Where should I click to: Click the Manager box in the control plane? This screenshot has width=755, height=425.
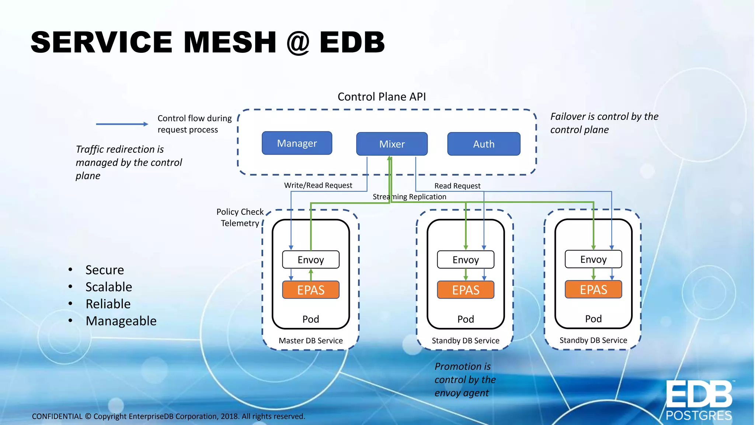(x=297, y=143)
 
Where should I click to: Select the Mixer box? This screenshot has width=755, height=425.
(x=392, y=144)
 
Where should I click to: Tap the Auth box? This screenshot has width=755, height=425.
(x=484, y=144)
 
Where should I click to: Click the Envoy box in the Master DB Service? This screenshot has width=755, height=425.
(x=311, y=260)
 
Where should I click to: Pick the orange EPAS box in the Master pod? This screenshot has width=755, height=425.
(x=311, y=290)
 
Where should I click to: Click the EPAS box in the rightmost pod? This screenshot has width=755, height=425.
(x=593, y=290)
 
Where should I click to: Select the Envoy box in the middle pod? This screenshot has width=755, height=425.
(x=466, y=260)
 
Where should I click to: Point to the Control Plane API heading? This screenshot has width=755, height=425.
(x=382, y=97)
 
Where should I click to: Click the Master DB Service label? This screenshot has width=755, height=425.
(x=310, y=341)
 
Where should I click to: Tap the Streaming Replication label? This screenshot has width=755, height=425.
(x=409, y=197)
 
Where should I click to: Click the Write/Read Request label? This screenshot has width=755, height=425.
(x=318, y=185)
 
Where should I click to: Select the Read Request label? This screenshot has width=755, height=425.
(x=457, y=186)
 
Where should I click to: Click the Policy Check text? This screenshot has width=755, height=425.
(x=240, y=212)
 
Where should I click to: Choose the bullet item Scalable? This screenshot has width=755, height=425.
(x=108, y=287)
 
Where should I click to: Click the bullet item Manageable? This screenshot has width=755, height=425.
(x=121, y=321)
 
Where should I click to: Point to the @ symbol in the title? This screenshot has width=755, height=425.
(x=298, y=43)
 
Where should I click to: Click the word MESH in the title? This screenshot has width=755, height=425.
(x=230, y=42)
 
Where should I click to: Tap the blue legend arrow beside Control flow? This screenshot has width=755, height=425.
(x=122, y=124)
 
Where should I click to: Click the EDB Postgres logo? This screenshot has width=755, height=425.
(x=699, y=400)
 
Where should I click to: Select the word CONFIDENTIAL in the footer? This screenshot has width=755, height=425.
(x=57, y=417)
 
